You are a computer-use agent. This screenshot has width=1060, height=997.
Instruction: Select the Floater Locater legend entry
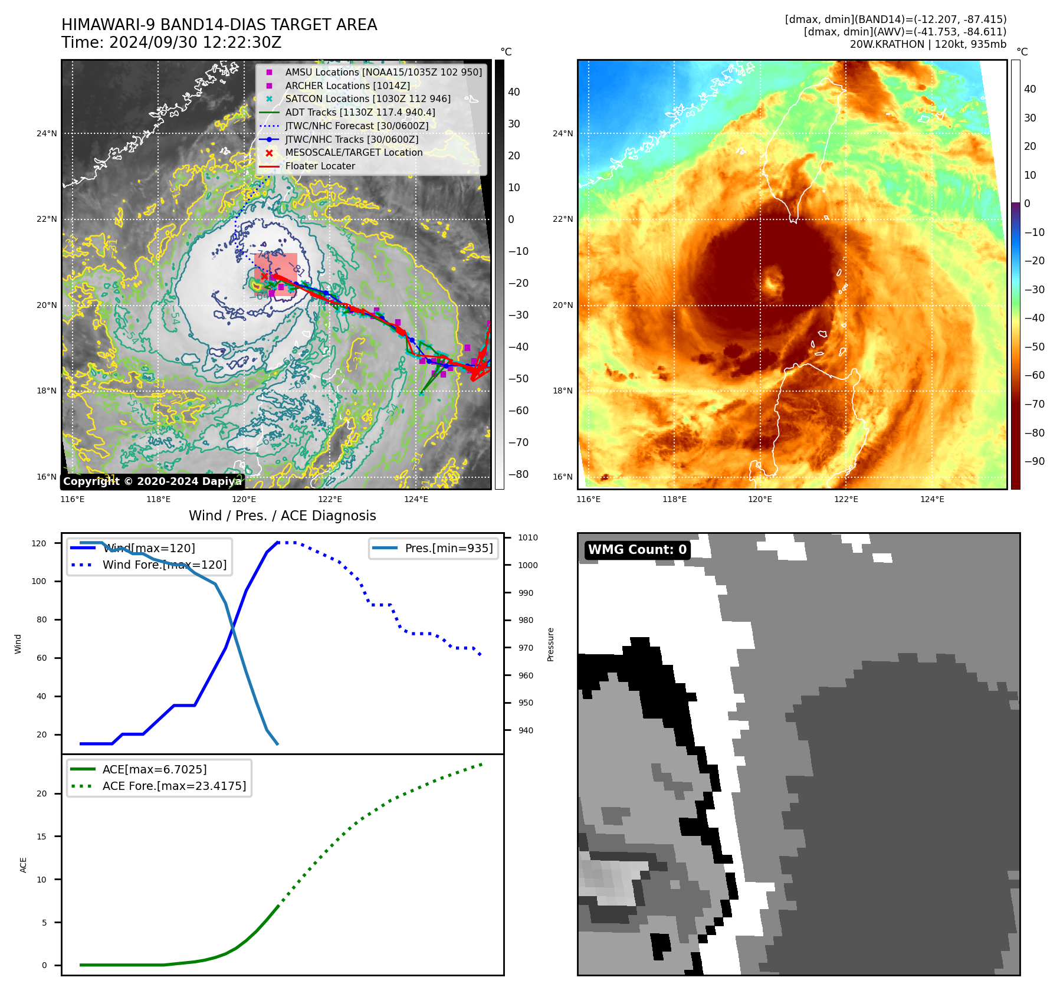click(x=320, y=166)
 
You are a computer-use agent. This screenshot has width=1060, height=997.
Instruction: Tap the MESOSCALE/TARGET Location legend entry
click(x=353, y=153)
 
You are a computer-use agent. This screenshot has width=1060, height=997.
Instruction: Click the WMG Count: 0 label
click(x=637, y=550)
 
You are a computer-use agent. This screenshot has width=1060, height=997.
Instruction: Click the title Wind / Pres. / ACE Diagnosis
click(x=282, y=516)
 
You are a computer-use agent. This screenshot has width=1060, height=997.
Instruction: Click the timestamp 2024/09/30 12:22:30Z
click(x=195, y=43)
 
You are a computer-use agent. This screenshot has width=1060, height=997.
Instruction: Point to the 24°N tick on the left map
click(x=47, y=133)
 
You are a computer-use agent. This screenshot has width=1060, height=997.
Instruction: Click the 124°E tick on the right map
click(x=931, y=500)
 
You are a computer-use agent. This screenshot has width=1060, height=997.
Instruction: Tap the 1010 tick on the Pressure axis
click(x=527, y=537)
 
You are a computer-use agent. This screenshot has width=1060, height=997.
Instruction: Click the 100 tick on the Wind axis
click(x=39, y=581)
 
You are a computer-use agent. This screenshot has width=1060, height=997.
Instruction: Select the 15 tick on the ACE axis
click(x=41, y=837)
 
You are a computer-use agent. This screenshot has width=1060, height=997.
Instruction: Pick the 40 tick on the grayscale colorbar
click(x=514, y=92)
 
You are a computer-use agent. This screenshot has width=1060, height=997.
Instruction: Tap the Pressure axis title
click(x=550, y=644)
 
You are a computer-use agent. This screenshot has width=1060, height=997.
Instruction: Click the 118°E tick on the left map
click(x=158, y=500)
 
